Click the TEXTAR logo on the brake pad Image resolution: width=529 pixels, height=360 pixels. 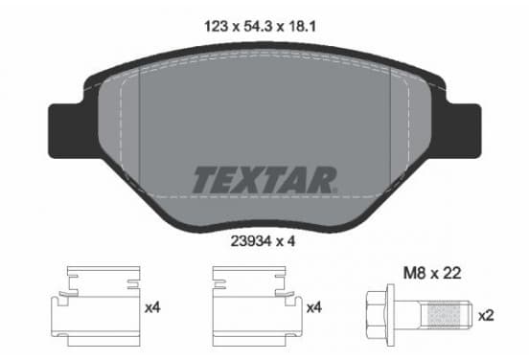pos(264,180)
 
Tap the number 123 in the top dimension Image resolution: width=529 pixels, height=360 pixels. pos(217,26)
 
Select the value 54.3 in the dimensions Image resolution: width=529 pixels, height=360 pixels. pos(258,26)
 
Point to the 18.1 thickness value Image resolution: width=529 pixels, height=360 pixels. pos(302,26)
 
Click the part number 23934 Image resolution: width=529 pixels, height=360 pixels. pos(251,241)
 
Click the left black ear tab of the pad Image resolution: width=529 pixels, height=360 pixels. pos(69,131)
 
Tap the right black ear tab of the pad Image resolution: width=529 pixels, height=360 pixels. pos(460,131)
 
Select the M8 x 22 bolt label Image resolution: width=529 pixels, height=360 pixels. pos(432,273)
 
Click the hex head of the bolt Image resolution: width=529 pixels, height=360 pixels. pos(377,315)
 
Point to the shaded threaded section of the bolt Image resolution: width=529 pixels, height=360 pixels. pos(444,315)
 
